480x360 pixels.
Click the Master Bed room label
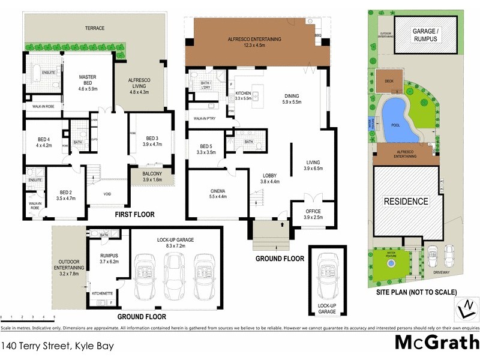click(x=88, y=81)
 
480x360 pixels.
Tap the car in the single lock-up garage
click(x=327, y=270)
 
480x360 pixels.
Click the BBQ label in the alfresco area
click(x=318, y=35)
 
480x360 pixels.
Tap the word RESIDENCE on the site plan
click(x=406, y=201)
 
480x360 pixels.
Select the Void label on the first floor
click(x=107, y=194)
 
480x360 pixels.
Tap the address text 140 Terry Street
click(x=57, y=346)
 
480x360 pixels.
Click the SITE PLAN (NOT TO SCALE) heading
click(x=416, y=292)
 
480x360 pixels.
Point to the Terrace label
click(x=94, y=28)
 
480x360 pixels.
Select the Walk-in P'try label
click(x=205, y=119)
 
